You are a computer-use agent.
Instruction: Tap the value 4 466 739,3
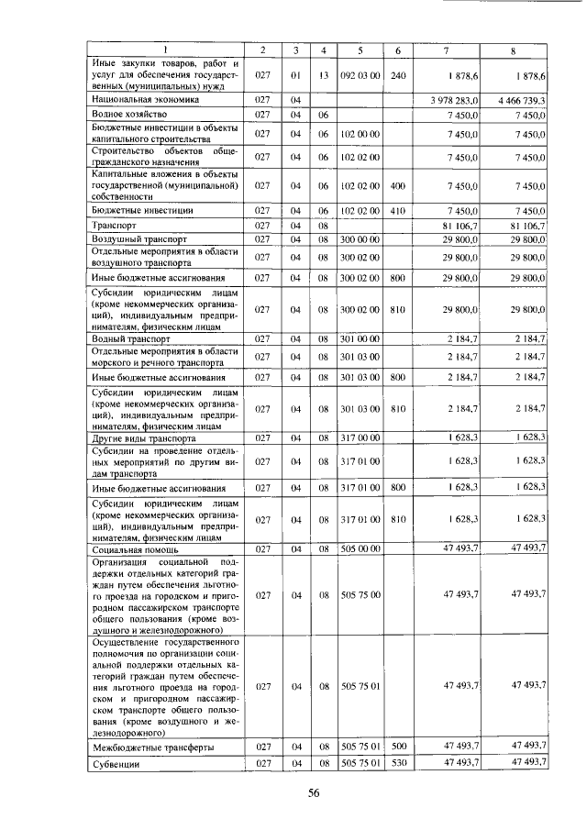tap(518, 99)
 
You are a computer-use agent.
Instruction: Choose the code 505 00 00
tap(361, 548)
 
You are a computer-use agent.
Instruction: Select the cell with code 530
tap(397, 763)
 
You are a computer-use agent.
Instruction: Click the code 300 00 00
tap(361, 238)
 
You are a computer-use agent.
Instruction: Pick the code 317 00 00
tap(361, 438)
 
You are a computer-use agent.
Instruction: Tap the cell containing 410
tap(397, 209)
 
